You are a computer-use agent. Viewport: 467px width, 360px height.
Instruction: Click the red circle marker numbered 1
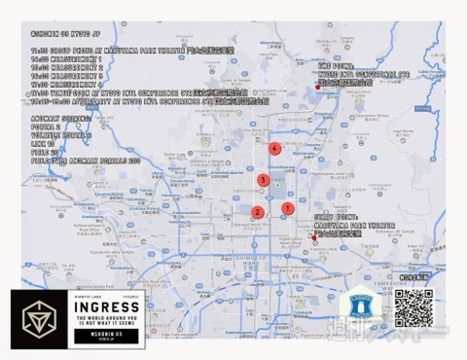pos(287,207)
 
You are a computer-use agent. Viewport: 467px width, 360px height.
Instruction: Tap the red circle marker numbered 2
pos(257,212)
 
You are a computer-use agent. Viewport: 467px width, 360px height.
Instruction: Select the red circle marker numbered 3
pos(263,180)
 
